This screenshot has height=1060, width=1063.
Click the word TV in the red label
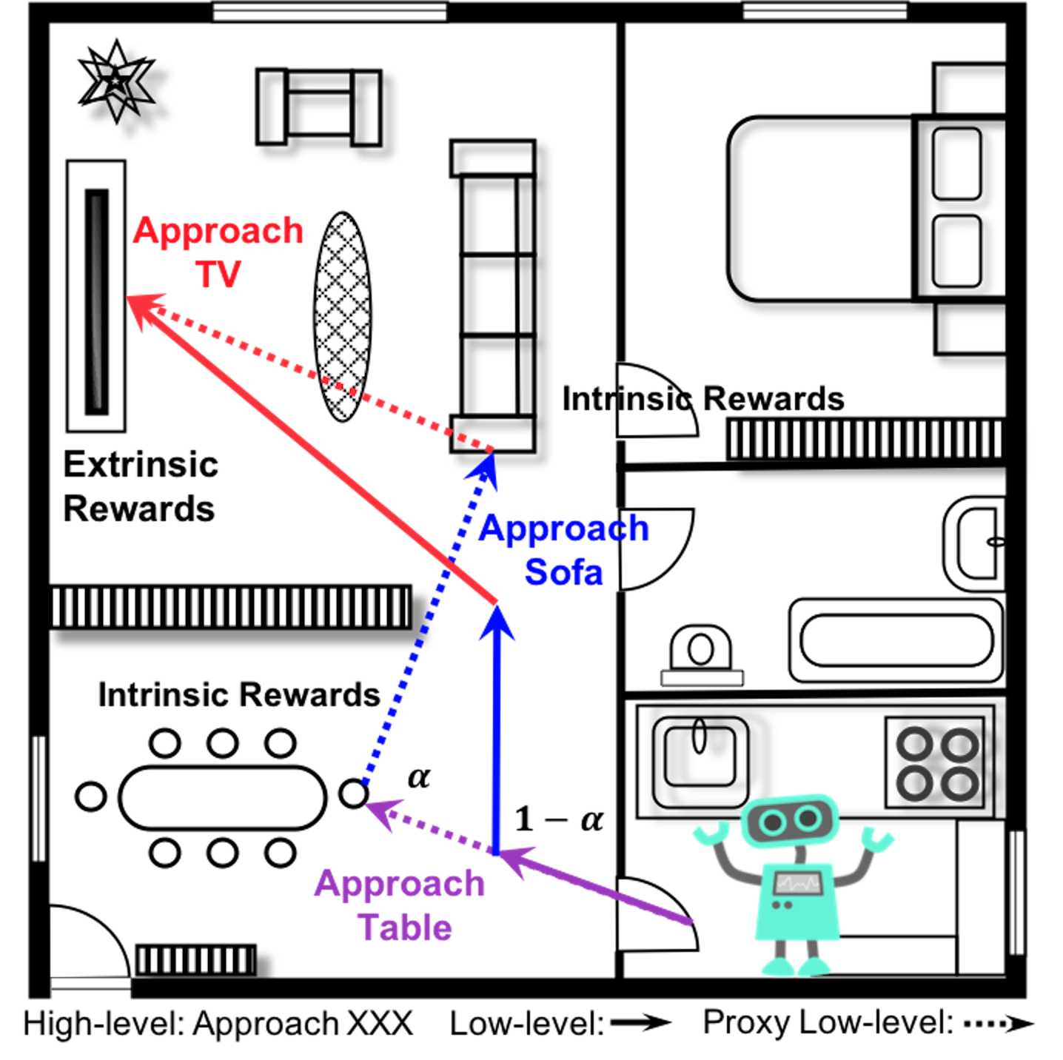click(218, 274)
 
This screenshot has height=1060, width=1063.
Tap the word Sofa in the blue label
click(564, 572)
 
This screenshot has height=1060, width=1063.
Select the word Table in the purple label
click(404, 927)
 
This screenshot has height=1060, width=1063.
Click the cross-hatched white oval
click(342, 317)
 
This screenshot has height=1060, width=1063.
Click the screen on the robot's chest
click(797, 883)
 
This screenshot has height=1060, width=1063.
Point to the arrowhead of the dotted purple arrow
click(383, 811)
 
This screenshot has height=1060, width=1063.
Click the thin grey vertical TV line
click(96, 302)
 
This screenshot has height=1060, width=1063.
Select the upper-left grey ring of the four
click(915, 744)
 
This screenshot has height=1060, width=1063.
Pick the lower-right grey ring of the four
click(960, 783)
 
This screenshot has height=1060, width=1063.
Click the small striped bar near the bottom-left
click(195, 960)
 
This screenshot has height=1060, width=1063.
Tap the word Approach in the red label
click(218, 232)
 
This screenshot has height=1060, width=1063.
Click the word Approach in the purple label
click(399, 885)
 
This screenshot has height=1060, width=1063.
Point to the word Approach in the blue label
click(564, 529)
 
